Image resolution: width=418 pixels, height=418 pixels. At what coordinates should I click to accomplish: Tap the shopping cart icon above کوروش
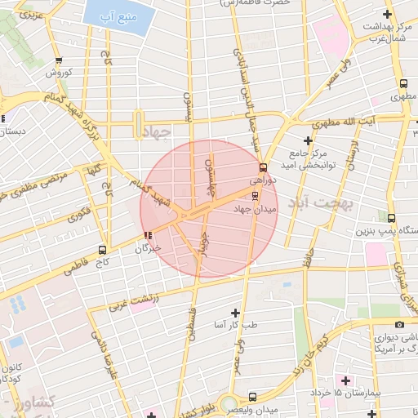pos(59,60)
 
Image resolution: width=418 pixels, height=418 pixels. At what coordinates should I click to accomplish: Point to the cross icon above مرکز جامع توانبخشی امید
pos(308,140)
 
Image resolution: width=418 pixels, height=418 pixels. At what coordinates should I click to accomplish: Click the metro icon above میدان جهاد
pos(256,196)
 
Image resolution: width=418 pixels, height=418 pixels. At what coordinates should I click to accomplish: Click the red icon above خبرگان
pos(148,237)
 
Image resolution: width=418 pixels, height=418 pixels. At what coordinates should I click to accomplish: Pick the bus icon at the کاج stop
pos(102,250)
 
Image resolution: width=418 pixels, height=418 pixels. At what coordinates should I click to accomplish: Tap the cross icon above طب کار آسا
pos(236,313)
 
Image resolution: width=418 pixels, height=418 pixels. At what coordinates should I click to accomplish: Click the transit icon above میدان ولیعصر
pos(252,397)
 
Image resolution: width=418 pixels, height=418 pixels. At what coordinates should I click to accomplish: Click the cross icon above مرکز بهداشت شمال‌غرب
pos(387,15)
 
